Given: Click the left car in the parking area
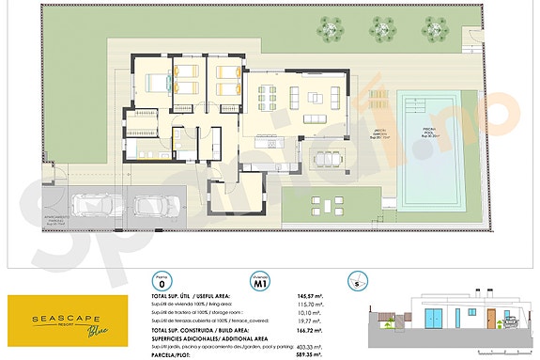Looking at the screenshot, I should [91, 206].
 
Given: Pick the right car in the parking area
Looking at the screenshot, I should [147, 206].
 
